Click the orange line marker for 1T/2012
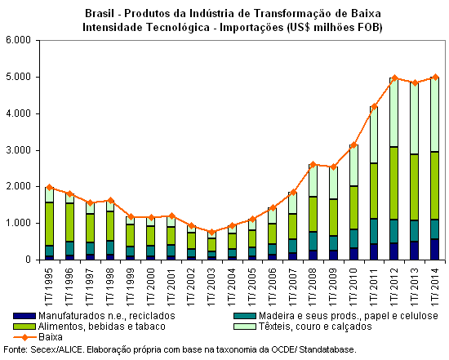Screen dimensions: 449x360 (x=394, y=78)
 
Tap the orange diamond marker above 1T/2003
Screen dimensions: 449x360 (x=212, y=232)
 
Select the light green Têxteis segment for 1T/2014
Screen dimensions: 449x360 (x=434, y=114)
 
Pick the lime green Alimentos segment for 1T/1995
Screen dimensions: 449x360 (x=49, y=224)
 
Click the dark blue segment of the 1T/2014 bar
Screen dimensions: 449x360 (x=434, y=249)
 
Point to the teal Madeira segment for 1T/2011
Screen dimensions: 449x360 (x=374, y=231)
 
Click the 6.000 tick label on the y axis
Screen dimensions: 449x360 (x=18, y=40)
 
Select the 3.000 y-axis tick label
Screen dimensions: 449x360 (x=18, y=150)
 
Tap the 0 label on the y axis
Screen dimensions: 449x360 (x=28, y=260)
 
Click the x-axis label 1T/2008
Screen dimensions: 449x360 (x=313, y=287)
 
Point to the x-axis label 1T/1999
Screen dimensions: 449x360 (x=131, y=287)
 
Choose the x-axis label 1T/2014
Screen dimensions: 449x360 (x=434, y=287)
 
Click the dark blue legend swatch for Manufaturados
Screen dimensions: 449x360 (x=24, y=316)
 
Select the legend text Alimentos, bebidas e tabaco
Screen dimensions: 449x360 (x=102, y=327)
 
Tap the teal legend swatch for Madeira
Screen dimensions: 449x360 (x=245, y=316)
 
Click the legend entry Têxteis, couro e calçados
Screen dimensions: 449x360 (x=315, y=327)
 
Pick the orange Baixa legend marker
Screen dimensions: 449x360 (x=24, y=337)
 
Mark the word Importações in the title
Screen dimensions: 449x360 (x=251, y=28)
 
